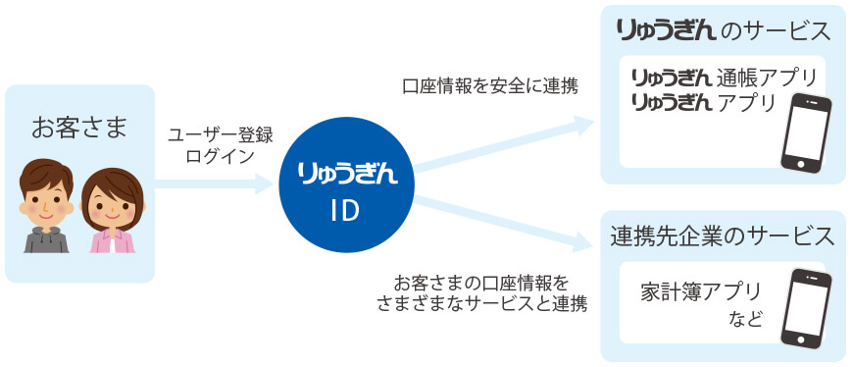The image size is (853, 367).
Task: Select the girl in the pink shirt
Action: [x=112, y=211]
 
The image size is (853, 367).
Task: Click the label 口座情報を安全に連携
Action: [x=490, y=85]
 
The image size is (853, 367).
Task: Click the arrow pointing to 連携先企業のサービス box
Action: [x=510, y=222]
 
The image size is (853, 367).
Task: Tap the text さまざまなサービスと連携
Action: [x=481, y=302]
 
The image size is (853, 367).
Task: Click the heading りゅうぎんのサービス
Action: [x=724, y=30]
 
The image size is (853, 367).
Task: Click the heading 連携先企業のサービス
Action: [x=723, y=236]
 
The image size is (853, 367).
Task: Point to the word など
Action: [x=745, y=320]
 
